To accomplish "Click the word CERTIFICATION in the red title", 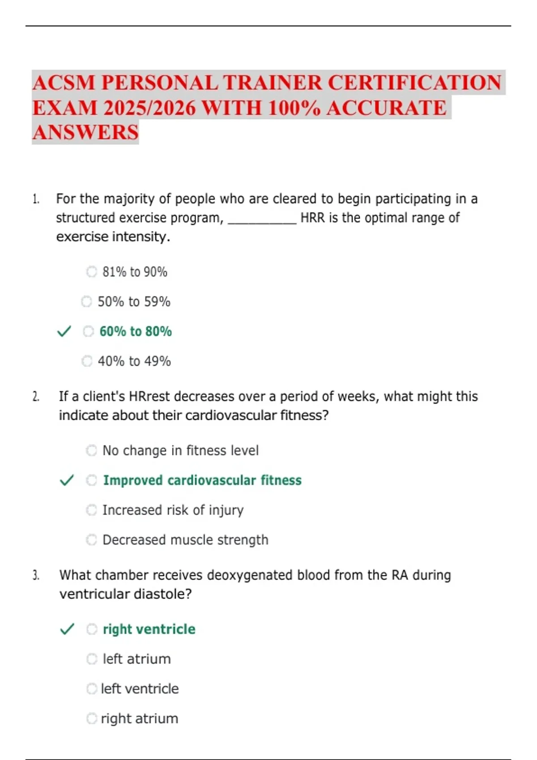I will point(414,83).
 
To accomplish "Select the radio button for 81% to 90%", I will point(91,272).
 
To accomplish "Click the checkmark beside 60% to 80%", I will point(64,332).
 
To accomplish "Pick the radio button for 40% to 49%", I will point(87,361).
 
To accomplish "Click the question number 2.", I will point(36,397).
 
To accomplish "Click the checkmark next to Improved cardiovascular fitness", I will point(67,481).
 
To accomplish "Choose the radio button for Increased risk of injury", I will point(91,510).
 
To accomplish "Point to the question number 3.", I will point(36,575).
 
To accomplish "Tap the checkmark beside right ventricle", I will point(67,629).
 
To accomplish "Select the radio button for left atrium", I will point(91,659).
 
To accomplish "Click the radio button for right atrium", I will point(91,719).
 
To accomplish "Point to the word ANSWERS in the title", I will point(85,133).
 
